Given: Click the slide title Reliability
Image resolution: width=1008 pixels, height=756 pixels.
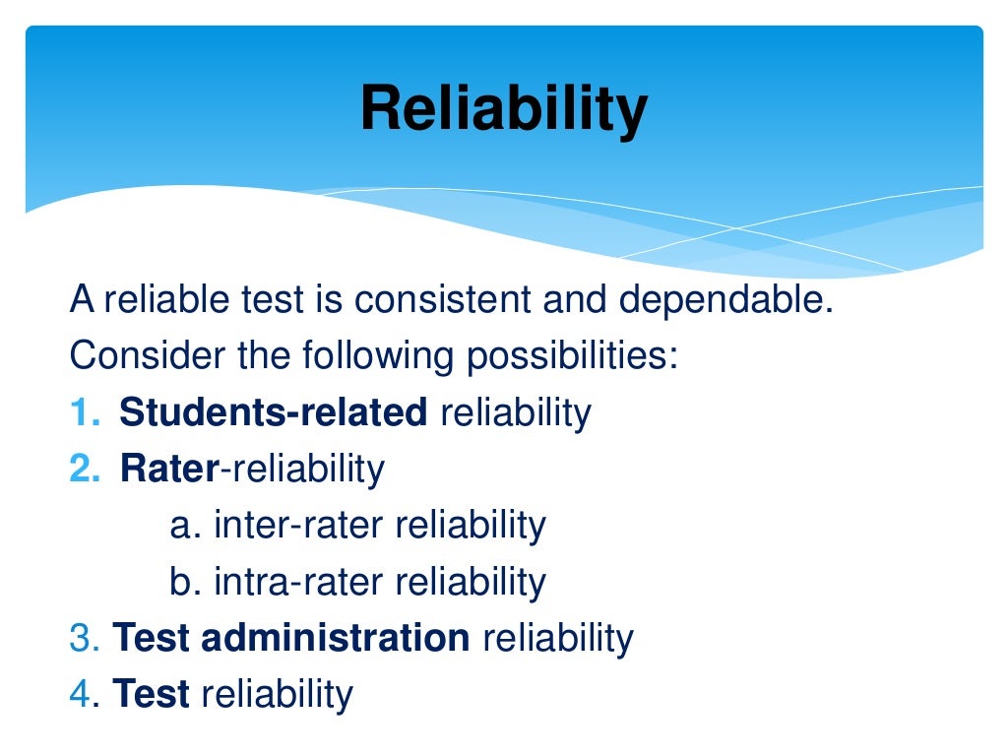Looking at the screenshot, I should click(503, 108).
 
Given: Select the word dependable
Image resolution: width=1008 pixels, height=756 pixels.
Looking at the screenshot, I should click(725, 299).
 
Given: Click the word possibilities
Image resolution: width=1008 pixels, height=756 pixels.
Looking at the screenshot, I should click(572, 355).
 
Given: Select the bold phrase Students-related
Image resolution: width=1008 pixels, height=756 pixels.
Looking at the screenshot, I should click(273, 412).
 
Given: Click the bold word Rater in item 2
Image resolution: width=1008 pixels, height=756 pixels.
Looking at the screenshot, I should click(167, 469).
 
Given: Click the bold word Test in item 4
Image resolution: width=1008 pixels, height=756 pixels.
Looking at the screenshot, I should click(152, 694).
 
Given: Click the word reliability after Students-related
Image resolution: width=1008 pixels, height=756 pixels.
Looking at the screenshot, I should click(515, 412).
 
